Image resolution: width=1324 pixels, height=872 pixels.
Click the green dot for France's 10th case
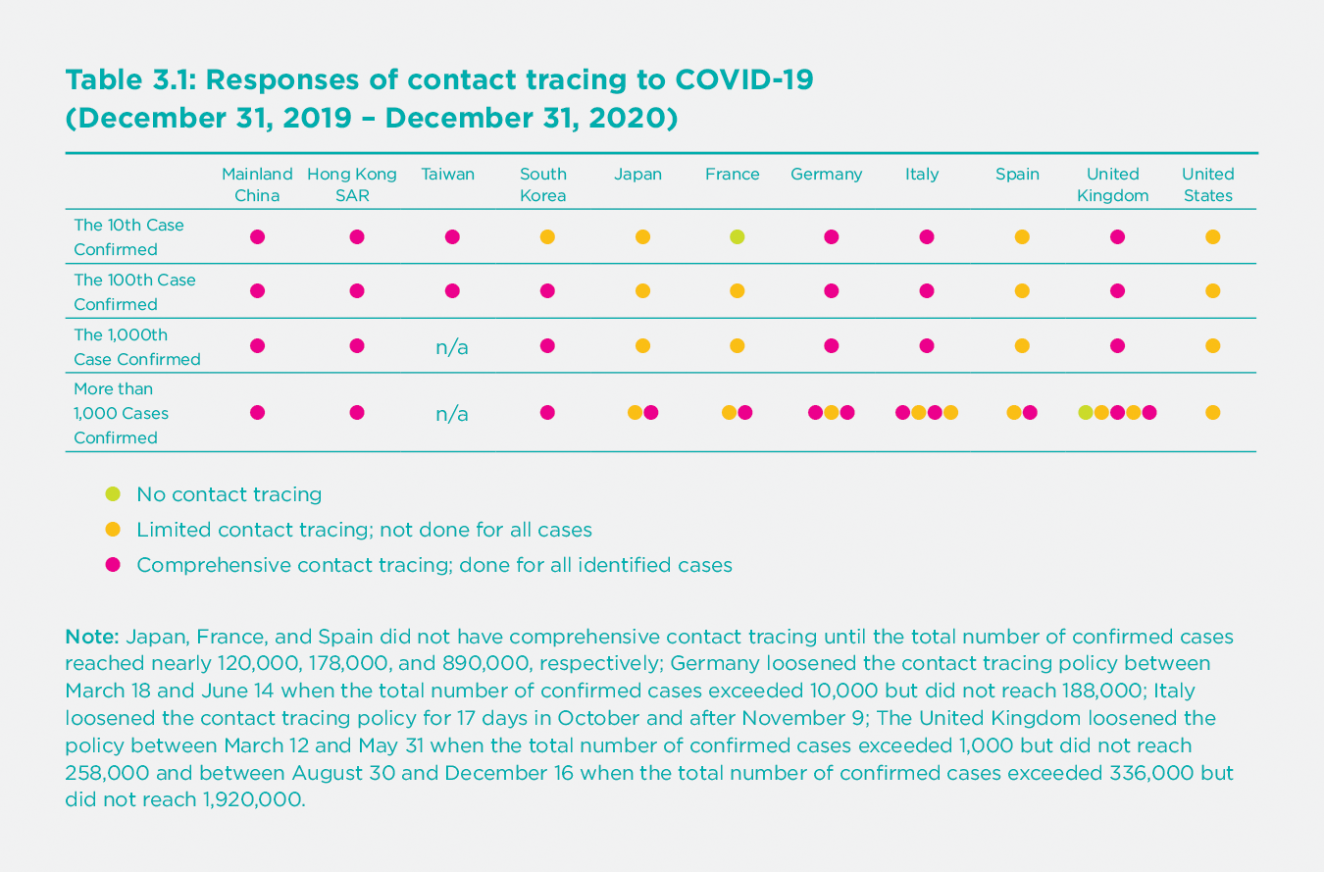point(737,236)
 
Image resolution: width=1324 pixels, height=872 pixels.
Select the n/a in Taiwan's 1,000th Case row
point(451,346)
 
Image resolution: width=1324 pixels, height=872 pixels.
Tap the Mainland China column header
point(257,184)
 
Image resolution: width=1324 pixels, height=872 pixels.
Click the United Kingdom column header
point(1112,184)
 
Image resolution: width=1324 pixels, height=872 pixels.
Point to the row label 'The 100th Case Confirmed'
point(134,291)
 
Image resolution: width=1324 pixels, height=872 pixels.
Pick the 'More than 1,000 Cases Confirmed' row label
point(116,413)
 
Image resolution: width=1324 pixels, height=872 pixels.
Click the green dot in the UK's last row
point(1085,413)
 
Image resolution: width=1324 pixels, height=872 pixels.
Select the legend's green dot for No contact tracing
point(113,493)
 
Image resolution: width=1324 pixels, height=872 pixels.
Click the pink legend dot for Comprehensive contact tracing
point(113,565)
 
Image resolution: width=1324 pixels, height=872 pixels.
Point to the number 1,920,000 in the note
point(251,799)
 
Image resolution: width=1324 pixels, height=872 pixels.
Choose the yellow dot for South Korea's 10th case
point(547,236)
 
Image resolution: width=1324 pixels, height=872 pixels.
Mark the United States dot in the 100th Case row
point(1212,291)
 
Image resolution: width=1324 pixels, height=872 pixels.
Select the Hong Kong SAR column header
point(352,184)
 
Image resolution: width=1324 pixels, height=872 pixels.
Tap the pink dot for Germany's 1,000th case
point(832,345)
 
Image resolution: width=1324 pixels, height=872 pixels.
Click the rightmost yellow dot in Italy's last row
point(950,413)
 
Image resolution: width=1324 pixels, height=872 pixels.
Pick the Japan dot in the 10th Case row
point(642,236)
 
